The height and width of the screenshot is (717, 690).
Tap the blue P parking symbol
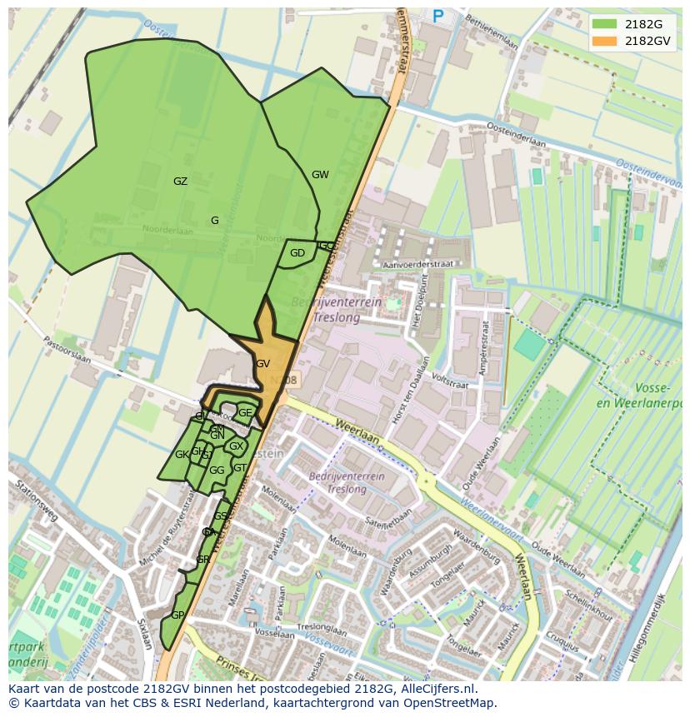[x=438, y=15]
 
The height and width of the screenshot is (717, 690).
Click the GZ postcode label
[x=180, y=182]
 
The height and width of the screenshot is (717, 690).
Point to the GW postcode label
[x=320, y=175]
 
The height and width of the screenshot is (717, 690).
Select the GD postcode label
[x=297, y=253]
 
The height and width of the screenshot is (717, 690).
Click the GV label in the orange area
[x=262, y=364]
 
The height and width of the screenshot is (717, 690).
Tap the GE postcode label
[x=245, y=412]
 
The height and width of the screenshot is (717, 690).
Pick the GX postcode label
[x=236, y=446]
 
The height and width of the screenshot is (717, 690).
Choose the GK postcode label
[x=181, y=455]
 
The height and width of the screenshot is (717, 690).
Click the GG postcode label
[x=217, y=471]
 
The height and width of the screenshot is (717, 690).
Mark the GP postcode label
[x=177, y=615]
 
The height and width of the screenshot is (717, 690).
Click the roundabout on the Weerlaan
[x=427, y=480]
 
